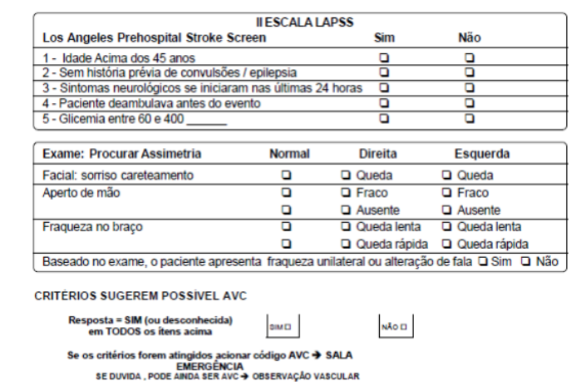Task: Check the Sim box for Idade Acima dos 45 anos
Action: click(x=384, y=57)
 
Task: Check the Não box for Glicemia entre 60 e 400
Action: click(x=470, y=118)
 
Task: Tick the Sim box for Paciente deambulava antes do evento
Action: click(x=384, y=102)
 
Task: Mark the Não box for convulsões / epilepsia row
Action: click(x=470, y=72)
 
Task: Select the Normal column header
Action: click(x=289, y=154)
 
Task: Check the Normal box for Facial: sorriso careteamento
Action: click(x=287, y=176)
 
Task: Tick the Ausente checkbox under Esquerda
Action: click(x=447, y=209)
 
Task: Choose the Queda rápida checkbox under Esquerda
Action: click(x=447, y=244)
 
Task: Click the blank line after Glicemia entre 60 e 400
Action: click(x=207, y=119)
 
